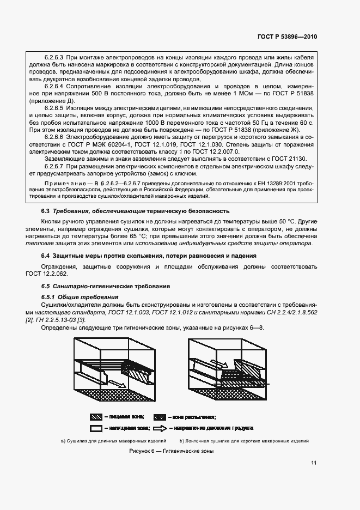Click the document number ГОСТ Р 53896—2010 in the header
click(288, 37)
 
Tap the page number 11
click(314, 463)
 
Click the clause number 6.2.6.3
click(53, 57)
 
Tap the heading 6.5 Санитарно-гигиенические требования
click(106, 286)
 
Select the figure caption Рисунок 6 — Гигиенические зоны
click(171, 451)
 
